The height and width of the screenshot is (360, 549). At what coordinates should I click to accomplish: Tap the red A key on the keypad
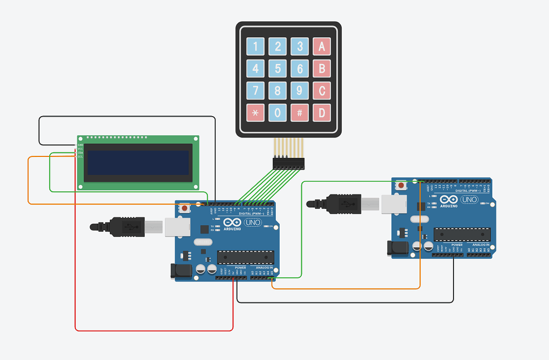(x=321, y=47)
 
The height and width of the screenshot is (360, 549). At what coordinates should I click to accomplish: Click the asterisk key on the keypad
(x=255, y=112)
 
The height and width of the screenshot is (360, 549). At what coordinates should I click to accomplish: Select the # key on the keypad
(x=300, y=112)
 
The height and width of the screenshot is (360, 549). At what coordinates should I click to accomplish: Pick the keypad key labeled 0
(x=277, y=112)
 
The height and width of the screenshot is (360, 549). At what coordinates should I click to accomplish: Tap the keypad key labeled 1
(x=255, y=47)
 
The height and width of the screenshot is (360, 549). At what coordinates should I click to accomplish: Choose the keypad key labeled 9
(x=300, y=91)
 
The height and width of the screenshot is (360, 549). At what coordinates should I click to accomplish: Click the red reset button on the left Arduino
(x=184, y=208)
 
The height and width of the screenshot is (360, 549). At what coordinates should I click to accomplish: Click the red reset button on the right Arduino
(x=401, y=186)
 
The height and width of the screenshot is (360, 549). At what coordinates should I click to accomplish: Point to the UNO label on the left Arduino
(x=253, y=223)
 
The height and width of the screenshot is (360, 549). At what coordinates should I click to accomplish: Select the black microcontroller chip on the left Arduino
(x=246, y=257)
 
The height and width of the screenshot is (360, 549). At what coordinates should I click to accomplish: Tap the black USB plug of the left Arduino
(x=125, y=226)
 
